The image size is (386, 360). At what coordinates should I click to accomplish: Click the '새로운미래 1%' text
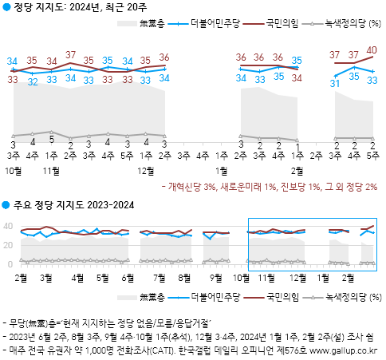click(247, 186)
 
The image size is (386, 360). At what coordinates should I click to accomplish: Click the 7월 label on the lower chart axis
click(158, 277)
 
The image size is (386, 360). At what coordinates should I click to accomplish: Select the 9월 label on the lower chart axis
click(215, 277)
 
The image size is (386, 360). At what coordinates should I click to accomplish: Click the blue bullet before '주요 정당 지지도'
click(6, 206)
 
